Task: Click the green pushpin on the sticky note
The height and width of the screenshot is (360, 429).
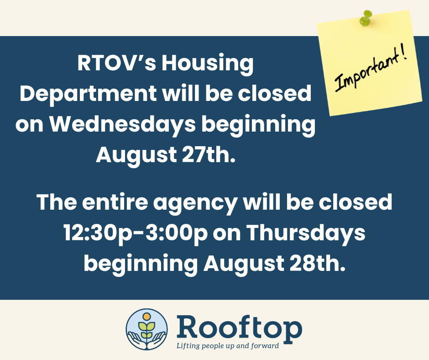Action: [366, 18]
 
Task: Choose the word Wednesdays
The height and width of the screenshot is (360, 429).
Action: [123, 125]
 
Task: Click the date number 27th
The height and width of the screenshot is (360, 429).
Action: [209, 154]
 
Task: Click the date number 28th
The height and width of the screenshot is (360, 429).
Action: [317, 263]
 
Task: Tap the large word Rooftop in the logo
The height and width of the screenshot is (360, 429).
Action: [240, 328]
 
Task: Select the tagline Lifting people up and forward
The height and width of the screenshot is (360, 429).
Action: [228, 346]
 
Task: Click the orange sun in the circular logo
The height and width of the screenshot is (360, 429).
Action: [146, 317]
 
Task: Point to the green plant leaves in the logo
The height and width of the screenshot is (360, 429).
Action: [146, 329]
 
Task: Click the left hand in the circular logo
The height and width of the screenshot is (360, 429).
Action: [136, 339]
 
